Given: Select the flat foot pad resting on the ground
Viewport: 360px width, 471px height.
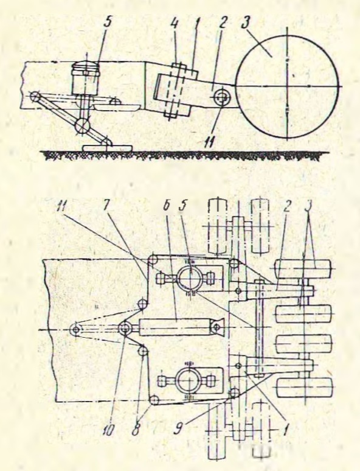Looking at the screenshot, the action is pyautogui.click(x=108, y=147).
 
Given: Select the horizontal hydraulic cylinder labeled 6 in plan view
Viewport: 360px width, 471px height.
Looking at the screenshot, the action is pyautogui.click(x=176, y=327).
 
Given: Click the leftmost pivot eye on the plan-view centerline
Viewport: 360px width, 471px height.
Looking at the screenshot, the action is pyautogui.click(x=75, y=330).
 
